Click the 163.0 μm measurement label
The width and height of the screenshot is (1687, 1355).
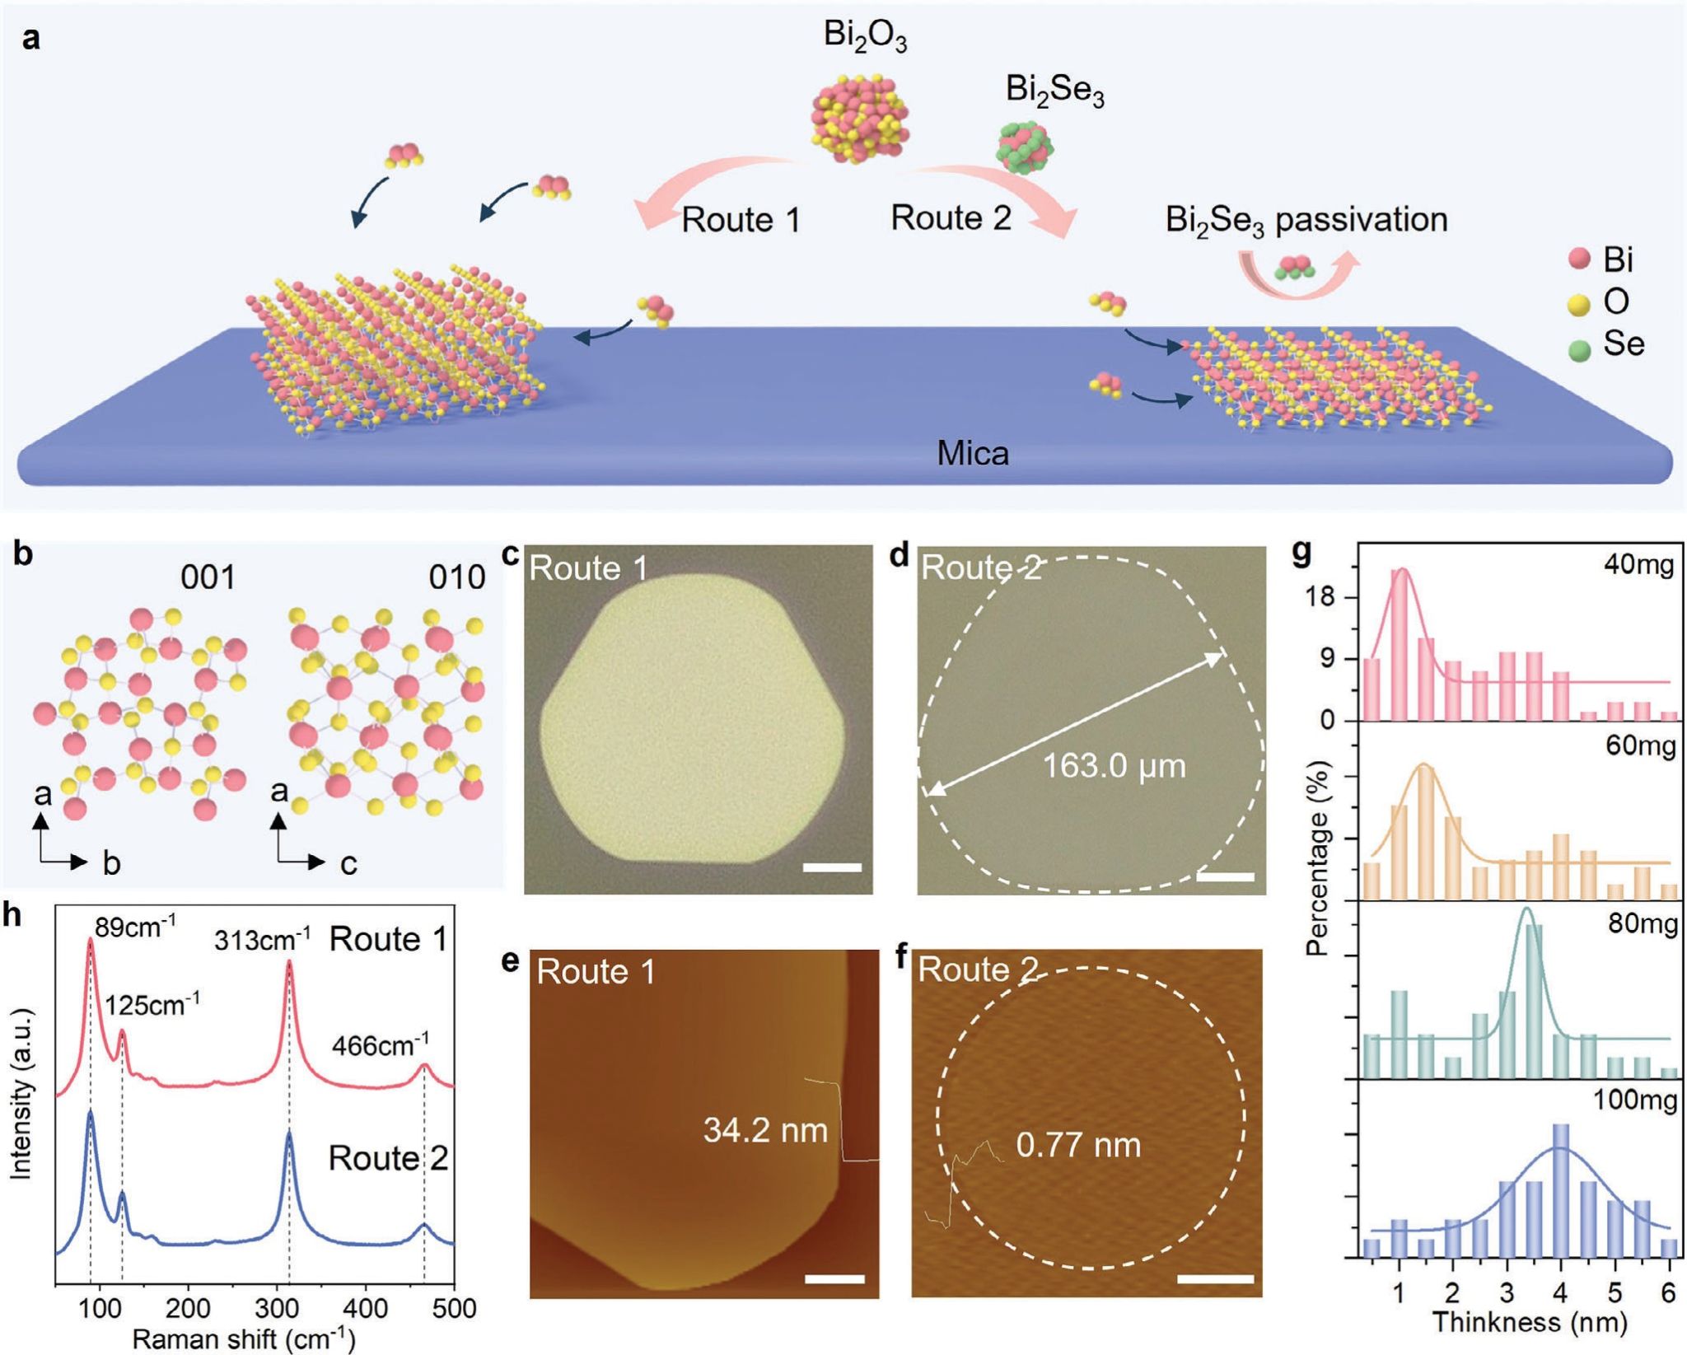[1114, 766]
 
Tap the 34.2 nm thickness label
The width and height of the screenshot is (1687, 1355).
[765, 1130]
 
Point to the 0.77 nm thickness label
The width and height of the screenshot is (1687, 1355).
[1077, 1145]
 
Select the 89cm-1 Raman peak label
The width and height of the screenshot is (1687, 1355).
[134, 927]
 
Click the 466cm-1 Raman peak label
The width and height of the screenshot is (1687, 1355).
[380, 1046]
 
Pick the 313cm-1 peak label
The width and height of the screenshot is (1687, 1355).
[263, 939]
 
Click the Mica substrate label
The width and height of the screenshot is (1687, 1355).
[972, 453]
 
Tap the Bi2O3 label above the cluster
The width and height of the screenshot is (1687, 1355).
[865, 36]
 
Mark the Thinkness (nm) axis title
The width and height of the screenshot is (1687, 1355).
[1530, 1323]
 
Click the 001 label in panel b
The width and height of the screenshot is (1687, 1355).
[208, 577]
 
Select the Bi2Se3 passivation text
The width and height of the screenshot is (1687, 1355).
[1306, 220]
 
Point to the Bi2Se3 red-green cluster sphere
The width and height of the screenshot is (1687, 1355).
[1025, 147]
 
